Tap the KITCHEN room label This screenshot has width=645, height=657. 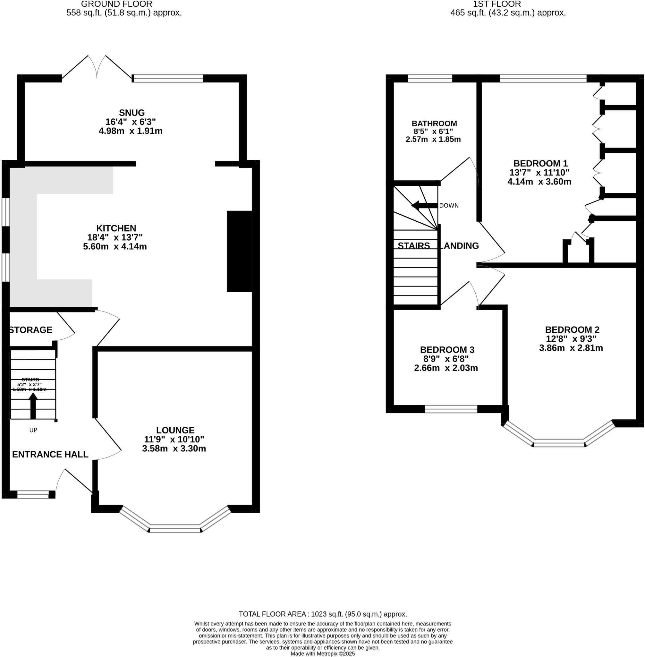116,228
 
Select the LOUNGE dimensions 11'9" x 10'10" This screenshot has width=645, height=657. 174,439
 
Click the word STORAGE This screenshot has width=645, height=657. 30,330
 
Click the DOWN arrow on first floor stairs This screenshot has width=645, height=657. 424,205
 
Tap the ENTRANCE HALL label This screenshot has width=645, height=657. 50,454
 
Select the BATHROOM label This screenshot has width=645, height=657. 434,123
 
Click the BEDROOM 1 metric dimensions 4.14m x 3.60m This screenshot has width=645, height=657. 539,182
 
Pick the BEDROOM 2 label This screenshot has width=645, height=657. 572,329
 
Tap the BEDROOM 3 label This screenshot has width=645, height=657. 447,349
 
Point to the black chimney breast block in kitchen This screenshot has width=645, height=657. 239,251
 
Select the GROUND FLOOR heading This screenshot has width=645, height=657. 116,4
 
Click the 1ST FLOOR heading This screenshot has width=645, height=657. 497,4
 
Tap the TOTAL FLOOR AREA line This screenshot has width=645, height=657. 323,614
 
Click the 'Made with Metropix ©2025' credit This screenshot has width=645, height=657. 323,653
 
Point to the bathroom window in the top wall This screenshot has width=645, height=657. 429,79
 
